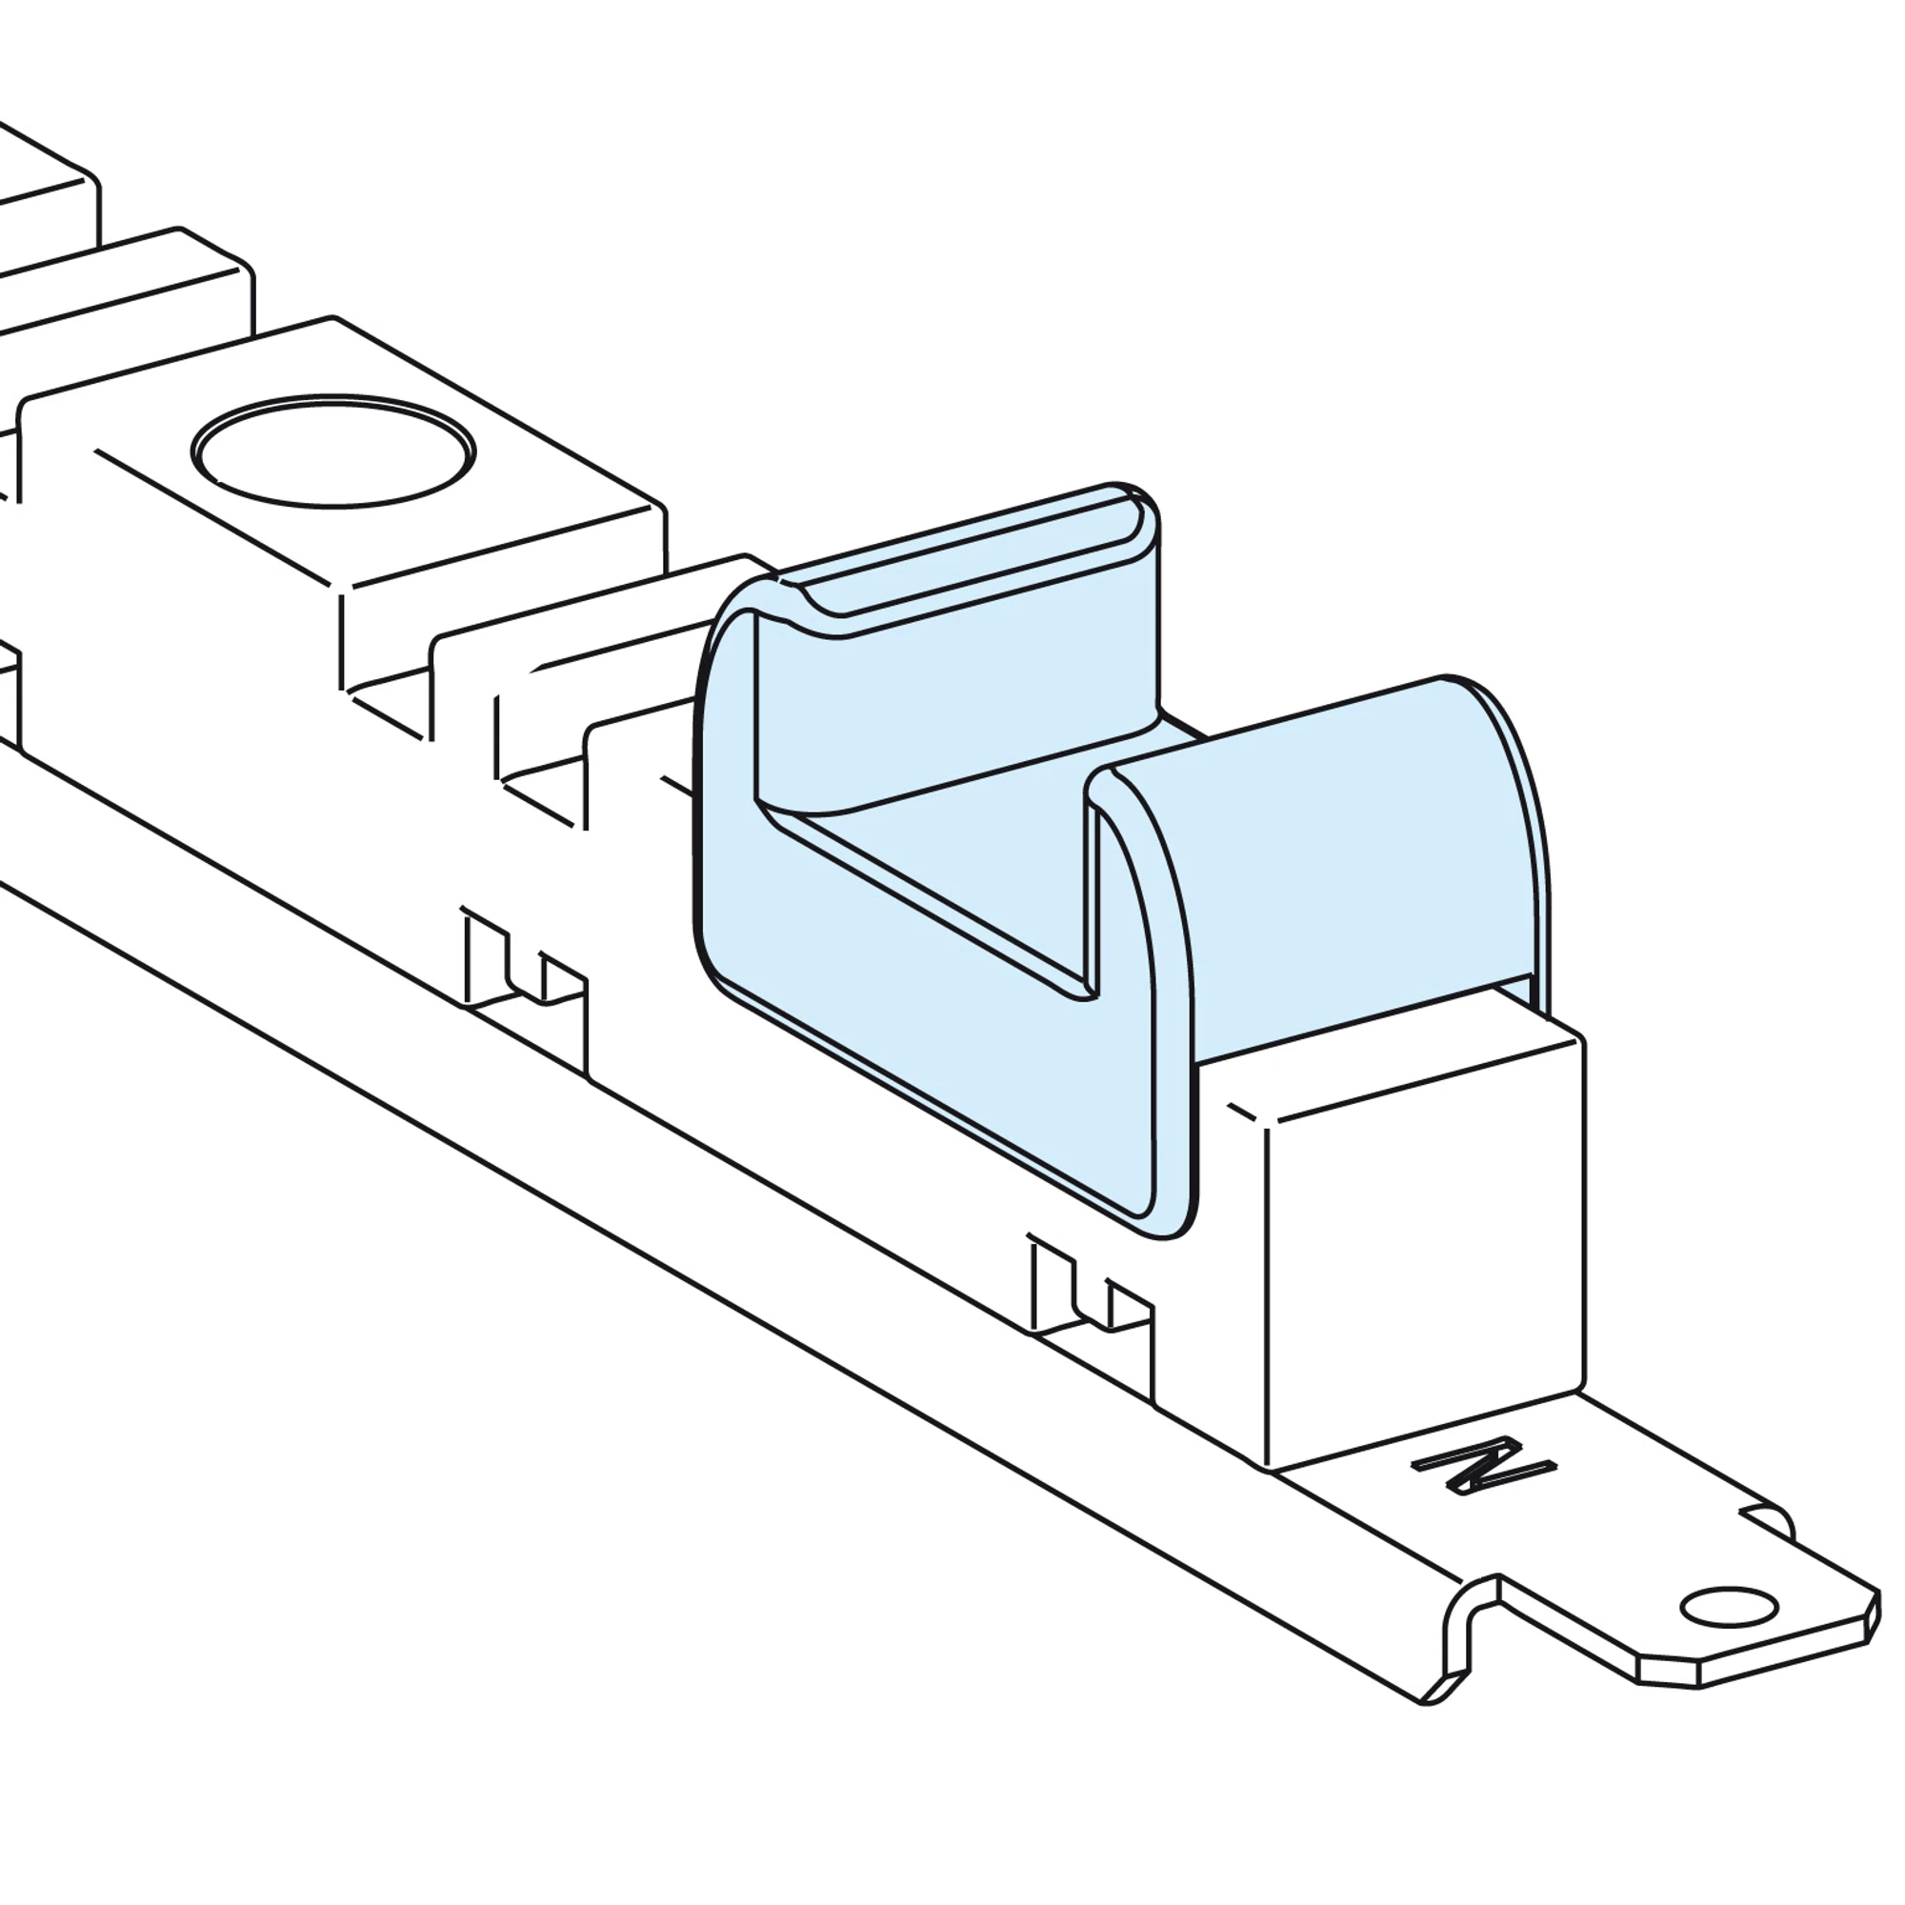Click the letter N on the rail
pyautogui.click(x=1484, y=1467)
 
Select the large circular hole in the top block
pyautogui.click(x=333, y=451)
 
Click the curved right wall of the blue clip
pyautogui.click(x=1321, y=868)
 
